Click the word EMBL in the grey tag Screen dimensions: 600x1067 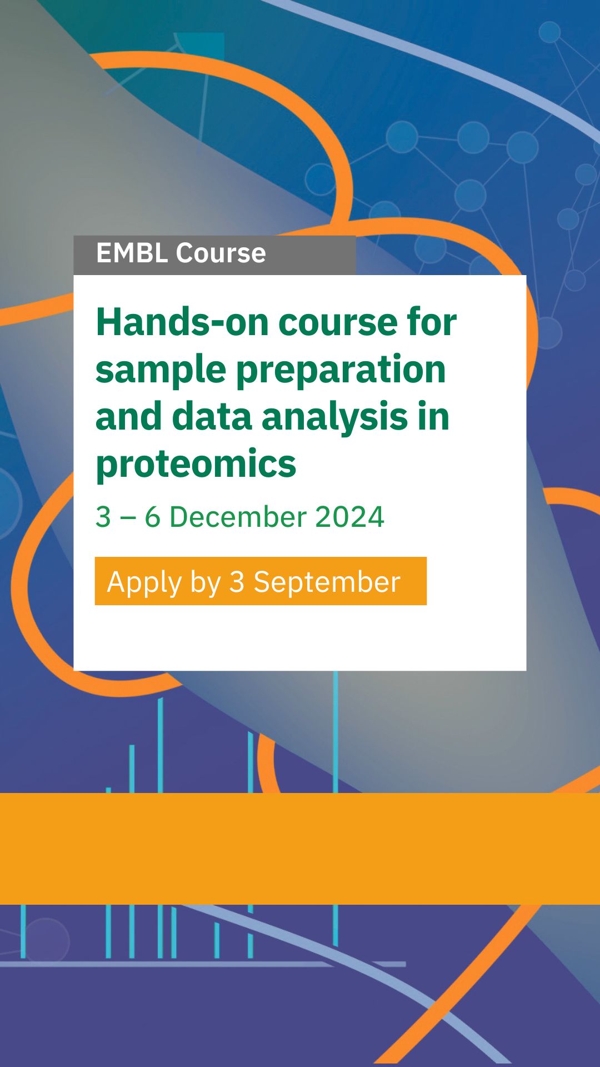click(x=132, y=253)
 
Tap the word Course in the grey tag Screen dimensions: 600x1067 click(x=221, y=253)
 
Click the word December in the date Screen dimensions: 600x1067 click(x=238, y=517)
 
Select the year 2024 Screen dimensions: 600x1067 click(x=349, y=517)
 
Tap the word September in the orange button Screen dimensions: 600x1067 click(x=327, y=583)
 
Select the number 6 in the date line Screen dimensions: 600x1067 click(x=153, y=517)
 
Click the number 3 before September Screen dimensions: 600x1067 click(x=237, y=582)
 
